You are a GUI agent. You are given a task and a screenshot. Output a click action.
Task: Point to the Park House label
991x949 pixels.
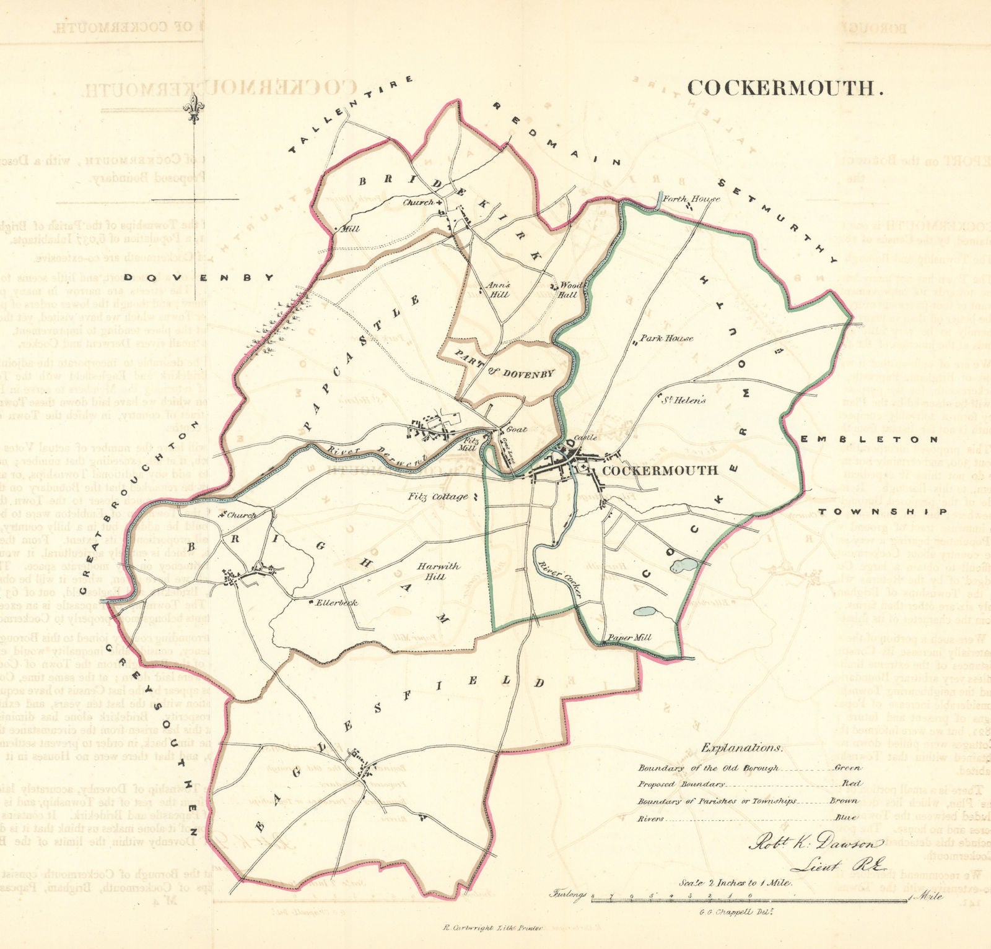tap(666, 338)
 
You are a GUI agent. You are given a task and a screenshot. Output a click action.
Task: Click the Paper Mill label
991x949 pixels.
tap(629, 638)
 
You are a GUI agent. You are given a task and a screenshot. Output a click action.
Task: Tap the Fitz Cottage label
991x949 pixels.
tap(438, 496)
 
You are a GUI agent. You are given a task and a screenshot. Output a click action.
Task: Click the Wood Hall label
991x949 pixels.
tap(569, 290)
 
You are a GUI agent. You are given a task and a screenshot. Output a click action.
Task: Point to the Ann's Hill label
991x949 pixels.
tap(499, 290)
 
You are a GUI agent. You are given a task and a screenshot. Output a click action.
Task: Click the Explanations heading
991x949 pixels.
tap(741, 747)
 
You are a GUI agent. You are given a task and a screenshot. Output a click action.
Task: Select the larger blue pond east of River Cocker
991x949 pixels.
tap(684, 565)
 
